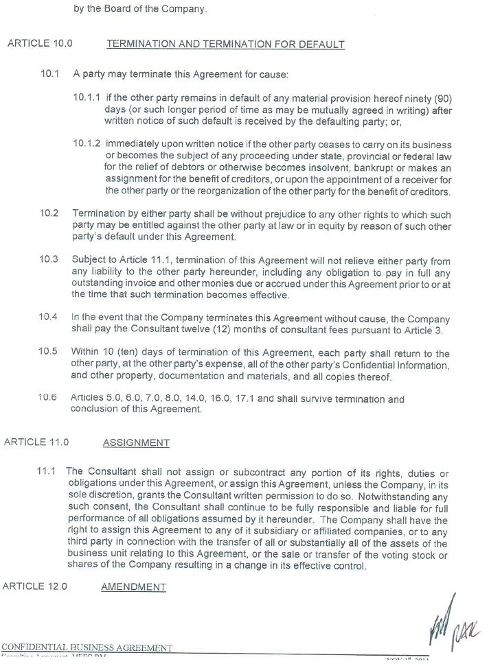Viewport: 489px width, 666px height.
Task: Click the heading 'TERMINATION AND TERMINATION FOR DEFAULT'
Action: tap(225, 45)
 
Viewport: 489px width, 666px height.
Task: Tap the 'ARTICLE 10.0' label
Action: tap(40, 44)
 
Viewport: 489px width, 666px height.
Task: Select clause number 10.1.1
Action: tap(87, 98)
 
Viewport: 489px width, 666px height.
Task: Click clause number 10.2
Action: tap(49, 213)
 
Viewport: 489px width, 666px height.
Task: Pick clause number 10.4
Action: tap(48, 318)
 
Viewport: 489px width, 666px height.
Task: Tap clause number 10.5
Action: tap(48, 352)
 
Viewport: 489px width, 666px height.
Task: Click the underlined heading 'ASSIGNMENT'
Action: tap(136, 443)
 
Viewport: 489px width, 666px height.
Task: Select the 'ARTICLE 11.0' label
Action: tap(36, 442)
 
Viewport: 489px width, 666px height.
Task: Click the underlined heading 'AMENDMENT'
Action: tap(133, 587)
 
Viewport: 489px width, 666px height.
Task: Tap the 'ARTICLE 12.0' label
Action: tap(35, 586)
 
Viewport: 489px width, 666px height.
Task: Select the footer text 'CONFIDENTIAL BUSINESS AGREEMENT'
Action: tap(87, 648)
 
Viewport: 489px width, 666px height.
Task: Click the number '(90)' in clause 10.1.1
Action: tap(441, 98)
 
